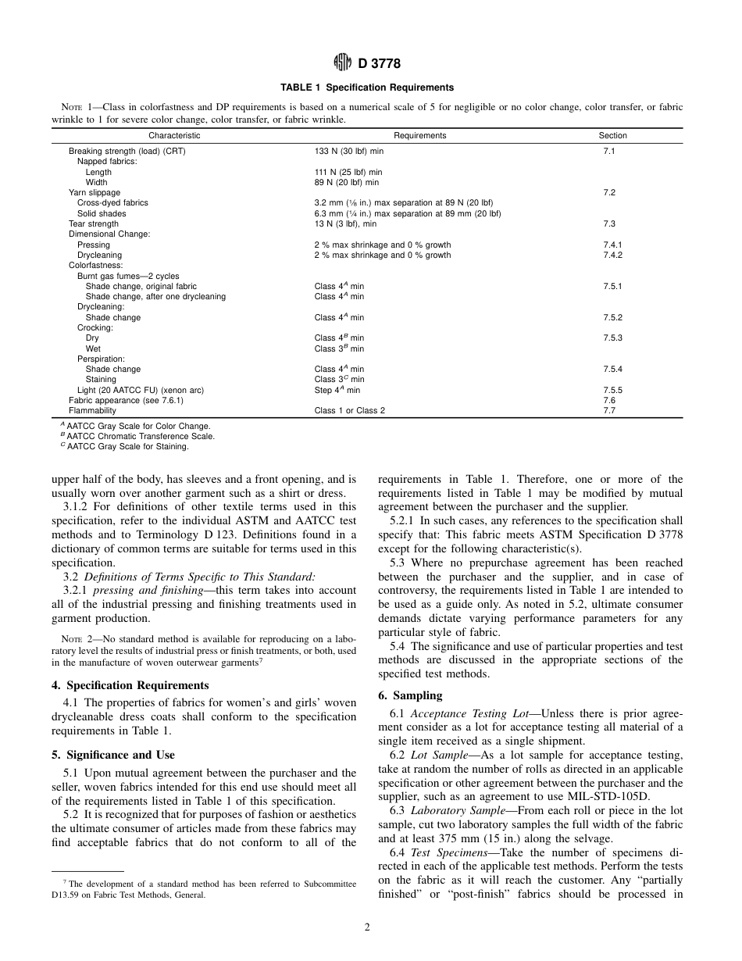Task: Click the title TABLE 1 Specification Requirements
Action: pyautogui.click(x=370, y=88)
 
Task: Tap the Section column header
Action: pyautogui.click(x=612, y=135)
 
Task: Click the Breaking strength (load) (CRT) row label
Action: pyautogui.click(x=127, y=151)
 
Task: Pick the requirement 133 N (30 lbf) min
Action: pyautogui.click(x=348, y=151)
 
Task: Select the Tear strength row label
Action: pyautogui.click(x=94, y=223)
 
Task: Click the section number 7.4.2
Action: pyautogui.click(x=612, y=255)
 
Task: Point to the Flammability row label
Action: pyautogui.click(x=92, y=410)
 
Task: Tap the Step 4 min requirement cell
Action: pyautogui.click(x=337, y=389)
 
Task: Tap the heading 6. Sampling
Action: pyautogui.click(x=410, y=695)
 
